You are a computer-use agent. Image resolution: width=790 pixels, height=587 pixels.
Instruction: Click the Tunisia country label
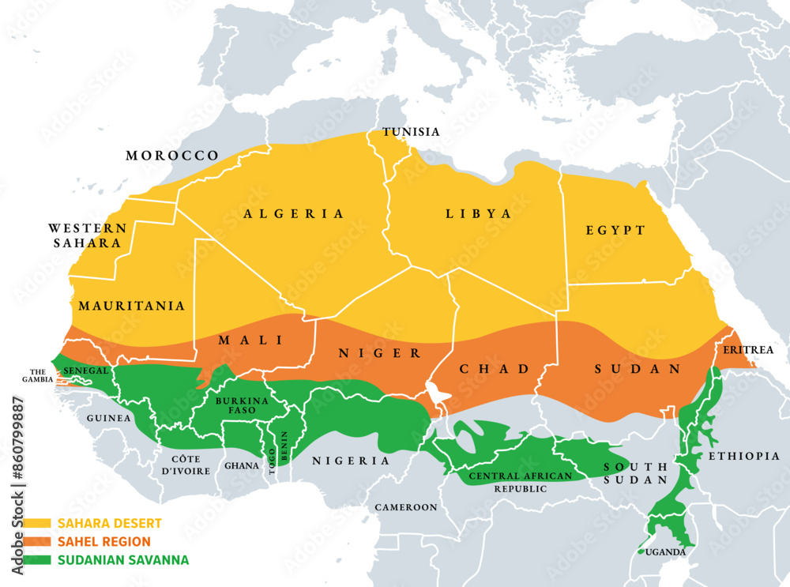click(x=411, y=132)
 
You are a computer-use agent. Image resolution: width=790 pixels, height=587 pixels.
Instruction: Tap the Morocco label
click(x=172, y=156)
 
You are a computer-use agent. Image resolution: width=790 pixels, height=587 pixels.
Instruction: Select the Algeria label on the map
click(x=294, y=213)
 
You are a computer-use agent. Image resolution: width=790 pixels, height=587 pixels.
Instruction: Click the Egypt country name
click(x=615, y=231)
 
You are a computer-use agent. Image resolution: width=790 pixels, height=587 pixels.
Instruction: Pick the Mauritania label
click(x=131, y=305)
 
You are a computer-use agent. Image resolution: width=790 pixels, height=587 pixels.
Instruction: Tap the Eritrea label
click(x=746, y=349)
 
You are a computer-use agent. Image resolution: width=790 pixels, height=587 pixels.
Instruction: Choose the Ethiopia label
click(x=743, y=456)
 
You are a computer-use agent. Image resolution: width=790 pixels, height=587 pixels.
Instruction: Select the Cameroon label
click(x=406, y=507)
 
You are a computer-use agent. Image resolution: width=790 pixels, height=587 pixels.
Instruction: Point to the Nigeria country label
click(x=351, y=461)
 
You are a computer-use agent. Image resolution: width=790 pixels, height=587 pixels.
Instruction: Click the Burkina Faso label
click(x=241, y=406)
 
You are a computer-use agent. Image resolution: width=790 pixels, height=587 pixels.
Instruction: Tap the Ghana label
click(x=242, y=465)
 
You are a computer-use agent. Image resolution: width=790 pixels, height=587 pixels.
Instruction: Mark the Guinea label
click(x=108, y=418)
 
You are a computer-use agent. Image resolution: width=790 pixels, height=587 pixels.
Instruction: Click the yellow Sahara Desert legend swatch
click(x=37, y=523)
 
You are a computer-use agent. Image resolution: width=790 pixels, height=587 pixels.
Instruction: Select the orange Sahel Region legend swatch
click(x=37, y=542)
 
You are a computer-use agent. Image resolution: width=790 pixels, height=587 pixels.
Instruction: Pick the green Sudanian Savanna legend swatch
click(x=37, y=560)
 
